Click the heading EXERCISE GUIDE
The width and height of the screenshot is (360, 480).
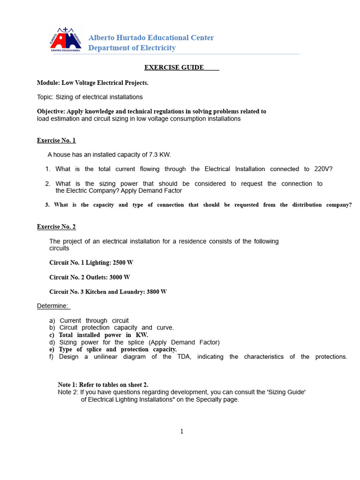click(174, 67)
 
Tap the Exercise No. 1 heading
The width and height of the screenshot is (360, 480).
click(56, 140)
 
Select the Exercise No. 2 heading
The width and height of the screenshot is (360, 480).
click(56, 227)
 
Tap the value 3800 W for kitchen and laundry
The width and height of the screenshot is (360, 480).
click(157, 292)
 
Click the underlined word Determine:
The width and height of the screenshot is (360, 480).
click(53, 306)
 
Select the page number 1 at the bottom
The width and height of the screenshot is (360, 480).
click(181, 432)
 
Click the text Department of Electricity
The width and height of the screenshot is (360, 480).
click(132, 48)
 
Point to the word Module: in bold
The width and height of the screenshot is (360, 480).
click(48, 83)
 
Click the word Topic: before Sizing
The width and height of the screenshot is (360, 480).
click(45, 97)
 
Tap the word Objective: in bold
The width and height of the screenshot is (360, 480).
click(51, 112)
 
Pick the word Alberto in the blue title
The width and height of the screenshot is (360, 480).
click(102, 38)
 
